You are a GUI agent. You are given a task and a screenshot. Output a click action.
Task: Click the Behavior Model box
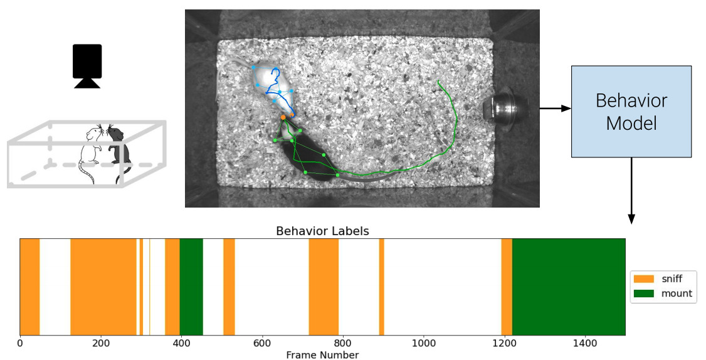(x=631, y=111)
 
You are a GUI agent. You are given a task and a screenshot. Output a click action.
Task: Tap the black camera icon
(x=87, y=65)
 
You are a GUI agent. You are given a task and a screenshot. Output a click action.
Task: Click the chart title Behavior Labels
(x=322, y=231)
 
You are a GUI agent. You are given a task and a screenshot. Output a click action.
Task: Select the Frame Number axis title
(x=322, y=355)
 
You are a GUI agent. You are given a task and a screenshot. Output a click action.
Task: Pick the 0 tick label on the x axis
(x=20, y=344)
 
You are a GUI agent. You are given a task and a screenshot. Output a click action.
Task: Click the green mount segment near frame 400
(x=191, y=287)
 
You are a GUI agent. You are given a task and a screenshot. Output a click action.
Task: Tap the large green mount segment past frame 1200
(x=569, y=287)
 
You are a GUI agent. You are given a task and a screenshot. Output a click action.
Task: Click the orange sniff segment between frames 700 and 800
(x=324, y=287)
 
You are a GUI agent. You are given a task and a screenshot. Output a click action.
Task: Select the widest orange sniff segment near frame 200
(x=103, y=287)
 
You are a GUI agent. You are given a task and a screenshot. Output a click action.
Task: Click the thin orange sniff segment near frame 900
(x=382, y=287)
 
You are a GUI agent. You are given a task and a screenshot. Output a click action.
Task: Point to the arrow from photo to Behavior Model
(x=554, y=109)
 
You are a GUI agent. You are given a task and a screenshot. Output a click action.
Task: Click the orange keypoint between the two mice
(x=283, y=117)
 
